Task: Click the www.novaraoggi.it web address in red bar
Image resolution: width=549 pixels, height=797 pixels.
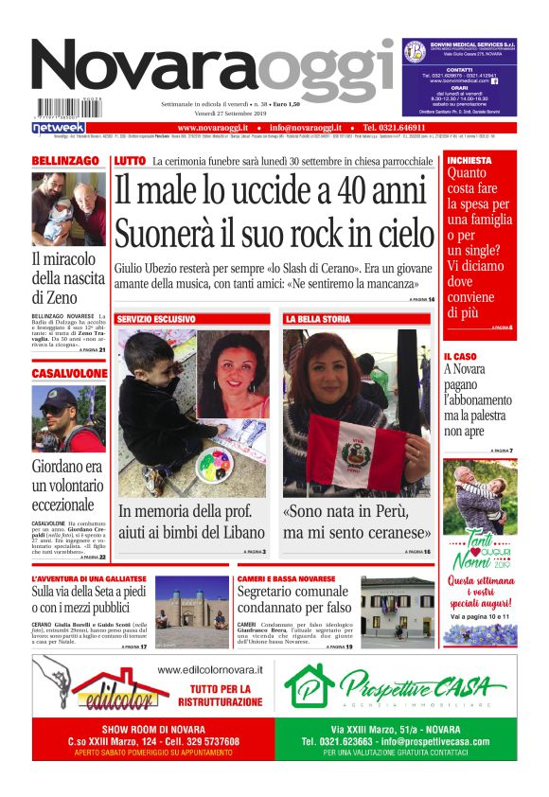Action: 212,127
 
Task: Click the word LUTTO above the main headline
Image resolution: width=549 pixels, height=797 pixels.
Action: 129,162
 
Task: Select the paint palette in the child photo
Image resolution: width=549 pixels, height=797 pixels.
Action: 214,464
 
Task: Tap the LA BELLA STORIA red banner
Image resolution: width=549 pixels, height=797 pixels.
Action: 317,319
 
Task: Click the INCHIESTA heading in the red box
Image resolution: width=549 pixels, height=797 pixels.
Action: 469,161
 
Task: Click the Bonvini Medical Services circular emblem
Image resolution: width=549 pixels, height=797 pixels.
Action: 414,51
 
